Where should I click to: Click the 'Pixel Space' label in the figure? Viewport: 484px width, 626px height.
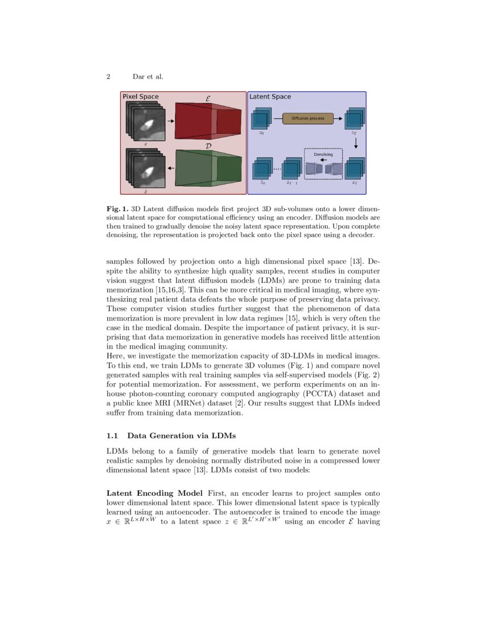141,97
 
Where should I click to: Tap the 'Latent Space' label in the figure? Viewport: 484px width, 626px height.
270,97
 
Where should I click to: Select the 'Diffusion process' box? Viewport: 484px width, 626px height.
307,118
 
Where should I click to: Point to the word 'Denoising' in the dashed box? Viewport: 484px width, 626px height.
323,154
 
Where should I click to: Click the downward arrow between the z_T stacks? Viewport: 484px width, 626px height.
355,145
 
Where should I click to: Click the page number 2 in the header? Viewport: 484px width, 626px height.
109,76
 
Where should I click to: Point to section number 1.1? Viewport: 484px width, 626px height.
112,436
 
